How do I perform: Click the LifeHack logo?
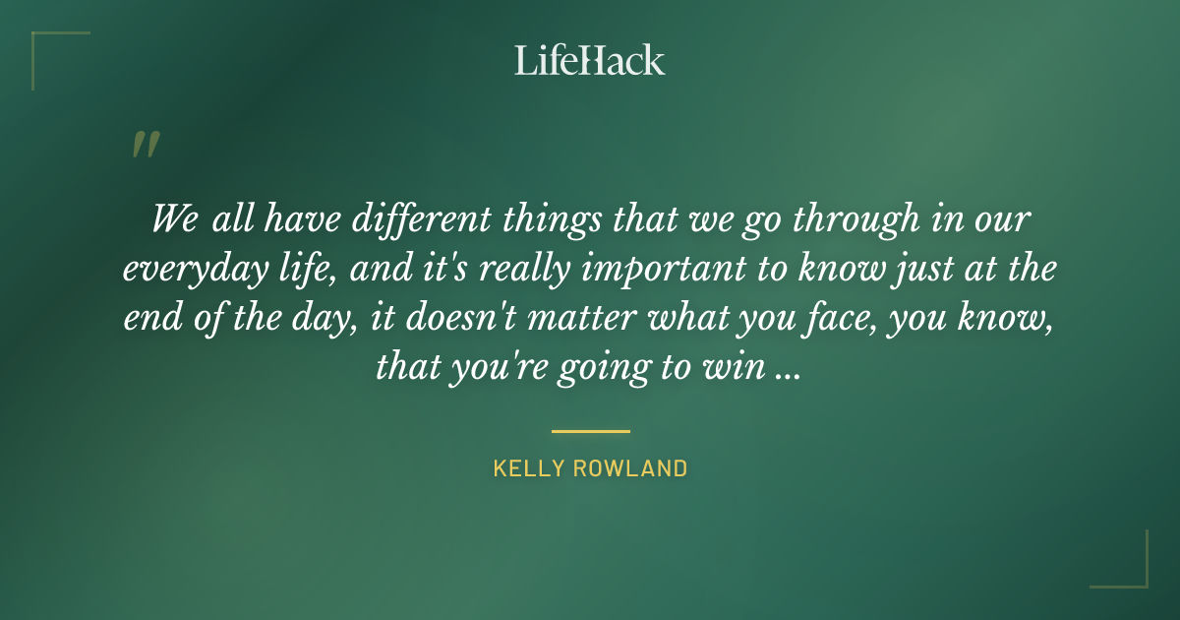590,60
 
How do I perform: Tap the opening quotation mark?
146,145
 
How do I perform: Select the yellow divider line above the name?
590,431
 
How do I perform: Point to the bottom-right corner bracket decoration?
1130,571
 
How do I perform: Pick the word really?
453,268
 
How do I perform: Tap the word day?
318,318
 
